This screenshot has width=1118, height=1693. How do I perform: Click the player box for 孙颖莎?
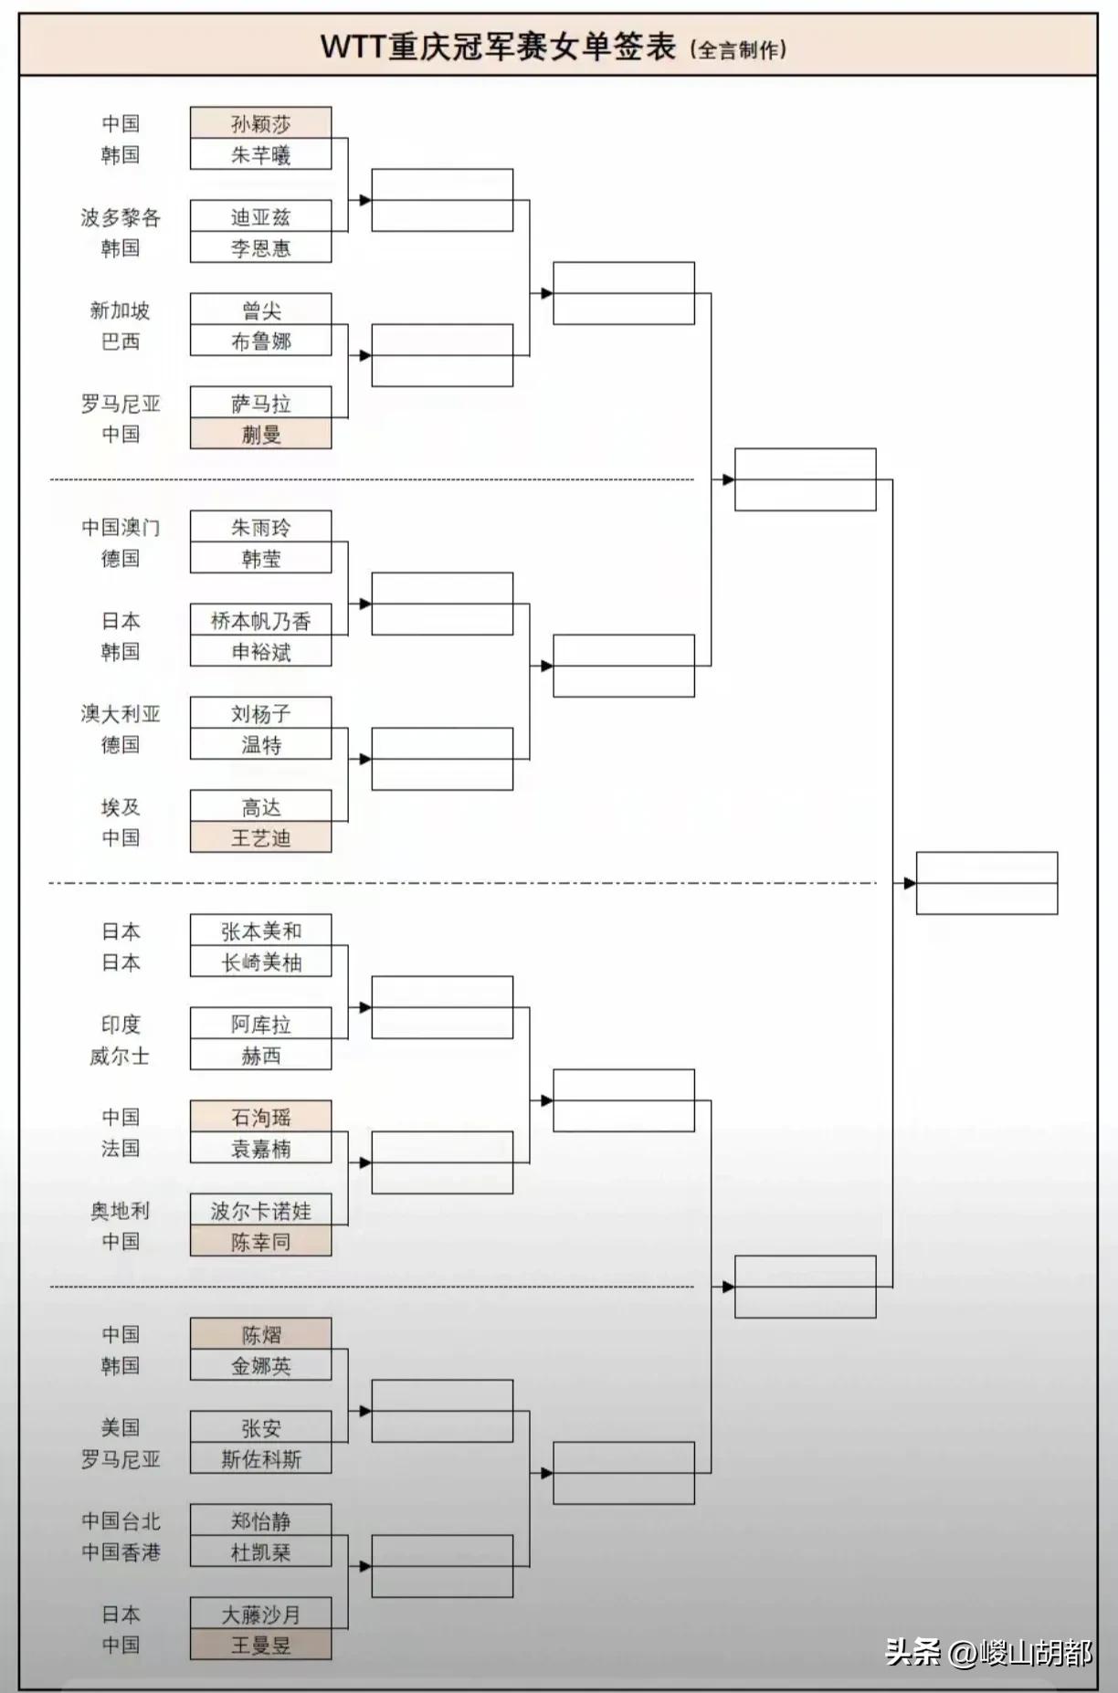(260, 123)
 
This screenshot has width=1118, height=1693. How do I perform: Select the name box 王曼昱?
(260, 1646)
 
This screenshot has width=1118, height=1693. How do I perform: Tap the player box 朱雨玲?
(260, 527)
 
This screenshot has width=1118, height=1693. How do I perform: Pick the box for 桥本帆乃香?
(260, 621)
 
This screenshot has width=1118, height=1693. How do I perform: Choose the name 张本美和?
(260, 931)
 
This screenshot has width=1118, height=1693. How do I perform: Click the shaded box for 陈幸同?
(260, 1242)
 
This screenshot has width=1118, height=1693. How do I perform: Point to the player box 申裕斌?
(260, 652)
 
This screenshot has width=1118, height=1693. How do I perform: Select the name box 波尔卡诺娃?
(260, 1211)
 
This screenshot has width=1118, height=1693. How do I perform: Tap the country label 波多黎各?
(121, 217)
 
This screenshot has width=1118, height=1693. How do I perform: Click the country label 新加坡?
(120, 310)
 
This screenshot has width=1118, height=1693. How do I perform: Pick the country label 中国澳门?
(121, 527)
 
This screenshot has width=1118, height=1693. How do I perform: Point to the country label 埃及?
(121, 807)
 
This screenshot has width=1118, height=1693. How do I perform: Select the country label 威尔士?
(120, 1056)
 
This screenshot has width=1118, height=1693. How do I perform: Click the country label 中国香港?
(121, 1552)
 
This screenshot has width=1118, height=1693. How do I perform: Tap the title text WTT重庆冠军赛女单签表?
(498, 47)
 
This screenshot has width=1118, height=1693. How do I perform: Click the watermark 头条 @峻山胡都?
(988, 1652)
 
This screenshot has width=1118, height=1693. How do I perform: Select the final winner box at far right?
(986, 883)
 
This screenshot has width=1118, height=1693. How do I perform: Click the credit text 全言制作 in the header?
(739, 49)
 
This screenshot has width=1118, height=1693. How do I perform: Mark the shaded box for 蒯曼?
(260, 435)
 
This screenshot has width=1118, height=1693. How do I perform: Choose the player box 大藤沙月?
(260, 1614)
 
